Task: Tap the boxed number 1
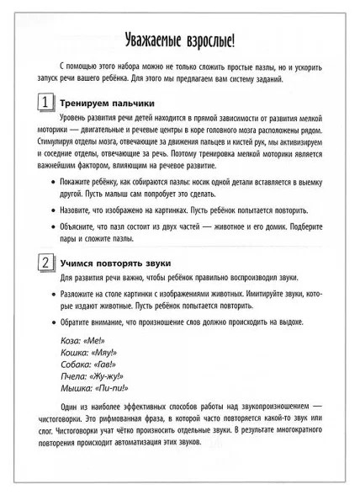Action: click(42, 102)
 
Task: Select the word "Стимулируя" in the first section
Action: click(61, 142)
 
